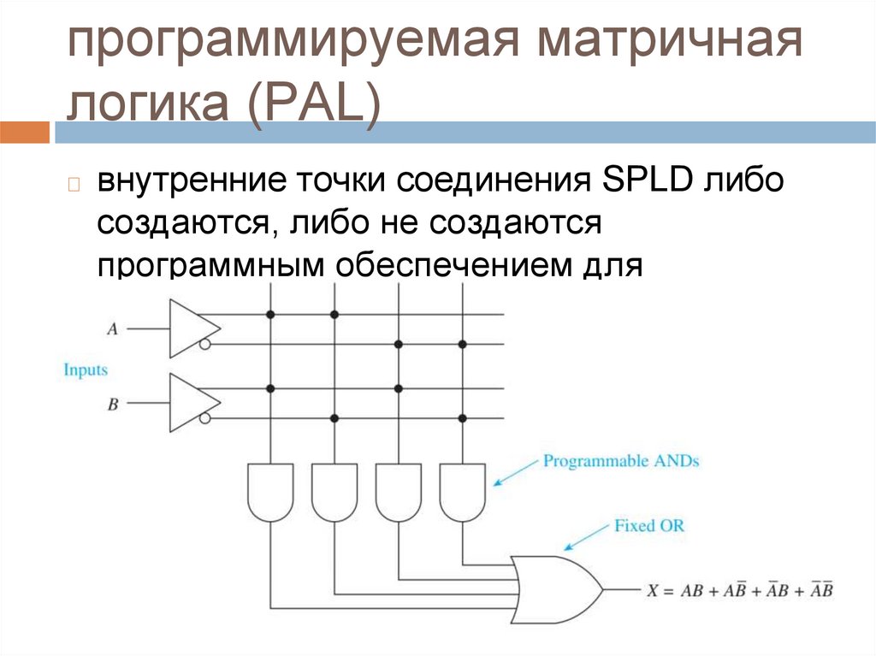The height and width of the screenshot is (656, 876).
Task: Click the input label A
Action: click(x=112, y=328)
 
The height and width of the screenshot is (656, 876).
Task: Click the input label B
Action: click(x=112, y=404)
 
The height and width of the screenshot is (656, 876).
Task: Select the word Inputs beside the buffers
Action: click(x=86, y=369)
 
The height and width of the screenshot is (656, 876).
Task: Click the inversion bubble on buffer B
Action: click(x=205, y=418)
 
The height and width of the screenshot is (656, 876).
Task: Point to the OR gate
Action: click(x=554, y=588)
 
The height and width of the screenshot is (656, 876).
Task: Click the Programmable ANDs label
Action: click(x=621, y=461)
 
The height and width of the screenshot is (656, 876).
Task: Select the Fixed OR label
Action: click(x=649, y=525)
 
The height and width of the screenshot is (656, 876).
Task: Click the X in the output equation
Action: click(x=654, y=590)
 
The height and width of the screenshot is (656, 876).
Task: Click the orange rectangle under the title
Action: click(x=25, y=133)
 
